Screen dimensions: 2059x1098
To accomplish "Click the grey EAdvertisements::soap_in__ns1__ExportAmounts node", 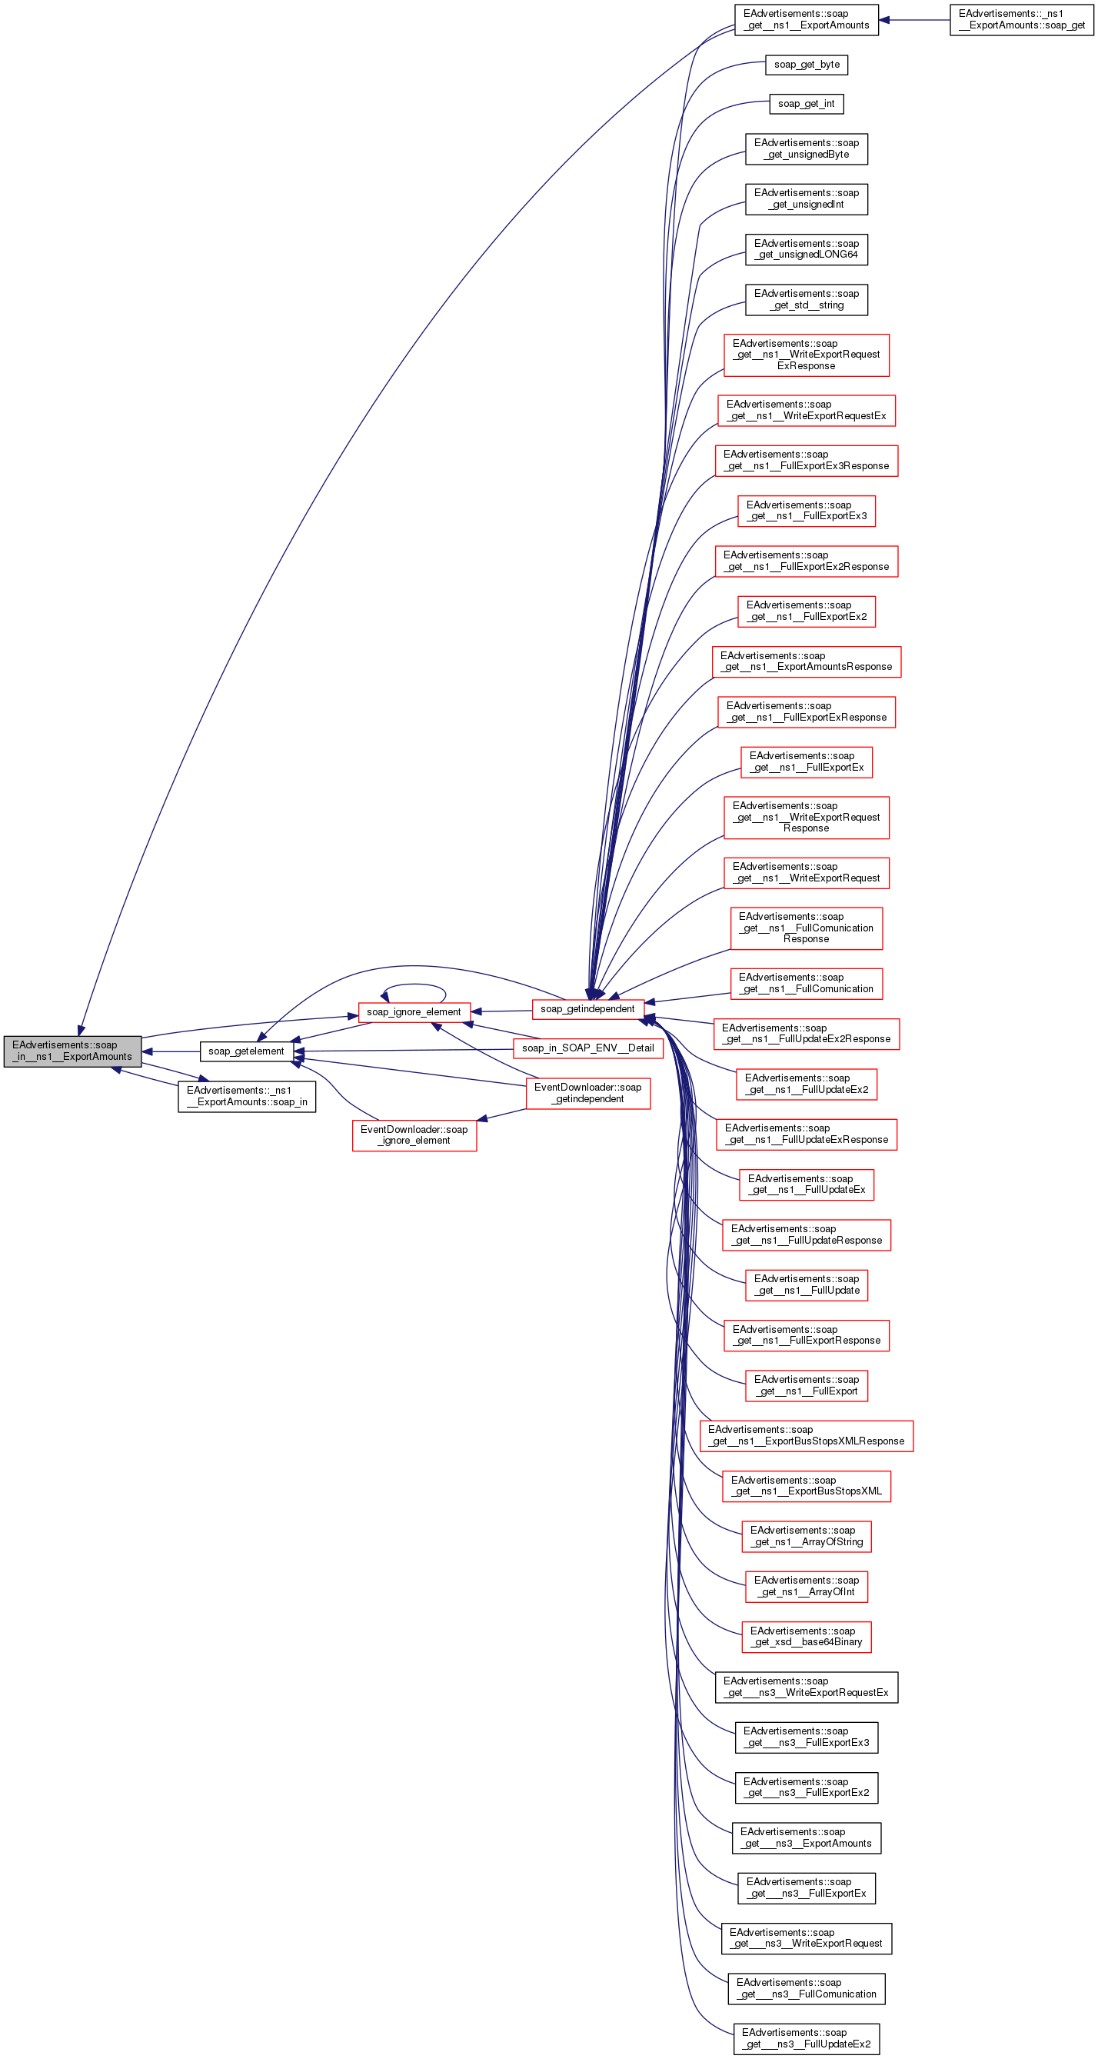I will (72, 1051).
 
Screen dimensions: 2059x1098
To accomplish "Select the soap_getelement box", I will (246, 1051).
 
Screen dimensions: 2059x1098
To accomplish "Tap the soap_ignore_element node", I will (413, 1012).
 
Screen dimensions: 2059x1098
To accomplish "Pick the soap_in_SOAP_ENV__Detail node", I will (587, 1048).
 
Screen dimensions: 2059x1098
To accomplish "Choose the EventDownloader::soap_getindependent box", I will (587, 1093).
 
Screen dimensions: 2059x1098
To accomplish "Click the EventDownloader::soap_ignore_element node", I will (414, 1135).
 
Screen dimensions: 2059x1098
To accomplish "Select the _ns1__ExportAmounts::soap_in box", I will (246, 1096).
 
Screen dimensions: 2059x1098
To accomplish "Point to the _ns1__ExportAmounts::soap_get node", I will (1021, 19).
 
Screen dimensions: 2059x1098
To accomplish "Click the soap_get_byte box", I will (807, 65).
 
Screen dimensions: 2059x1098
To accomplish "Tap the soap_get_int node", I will (807, 104).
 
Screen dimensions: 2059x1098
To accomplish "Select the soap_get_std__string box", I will (807, 300).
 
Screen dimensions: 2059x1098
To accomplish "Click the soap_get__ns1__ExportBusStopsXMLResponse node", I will (806, 1435).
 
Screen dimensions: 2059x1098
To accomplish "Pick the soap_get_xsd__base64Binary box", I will (806, 1636).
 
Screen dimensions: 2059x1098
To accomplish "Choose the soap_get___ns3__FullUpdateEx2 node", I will (806, 2038).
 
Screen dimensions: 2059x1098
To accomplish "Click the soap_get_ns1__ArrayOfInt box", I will (806, 1586).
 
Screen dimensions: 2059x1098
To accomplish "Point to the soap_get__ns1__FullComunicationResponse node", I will (806, 928).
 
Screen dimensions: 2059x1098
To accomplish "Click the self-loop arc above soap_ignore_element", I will (413, 985).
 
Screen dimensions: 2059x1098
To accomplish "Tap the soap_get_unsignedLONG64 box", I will (807, 249).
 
